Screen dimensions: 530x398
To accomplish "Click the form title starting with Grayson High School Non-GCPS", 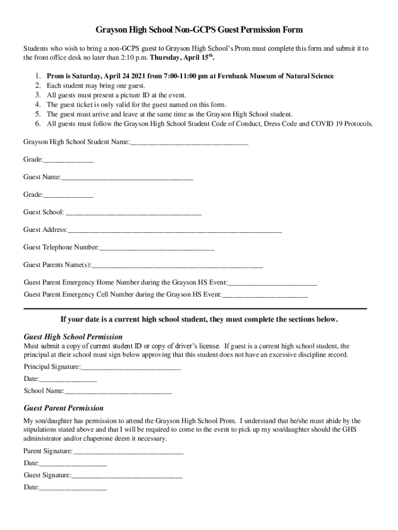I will coord(199,30).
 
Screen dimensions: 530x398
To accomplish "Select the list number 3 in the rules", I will coord(38,95).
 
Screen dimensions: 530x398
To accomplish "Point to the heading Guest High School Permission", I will coord(73,337).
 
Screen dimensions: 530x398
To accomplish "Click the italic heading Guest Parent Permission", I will coord(64,408).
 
